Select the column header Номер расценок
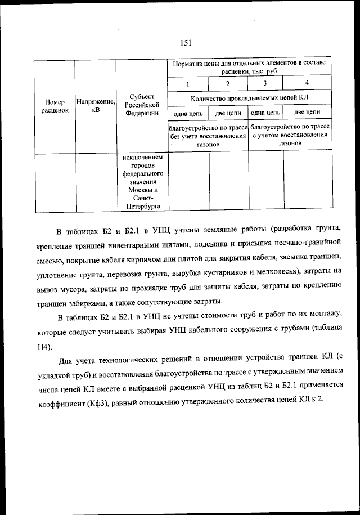pyautogui.click(x=55, y=106)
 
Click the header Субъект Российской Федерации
pyautogui.click(x=141, y=104)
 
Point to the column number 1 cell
pyautogui.click(x=188, y=84)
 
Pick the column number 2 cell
pyautogui.click(x=228, y=84)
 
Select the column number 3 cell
pyautogui.click(x=265, y=84)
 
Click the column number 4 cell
pyautogui.click(x=307, y=84)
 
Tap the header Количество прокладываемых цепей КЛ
pyautogui.click(x=250, y=98)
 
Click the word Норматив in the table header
pyautogui.click(x=188, y=63)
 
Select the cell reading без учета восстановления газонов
pyautogui.click(x=208, y=136)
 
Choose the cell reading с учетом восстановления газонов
pyautogui.click(x=290, y=136)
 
